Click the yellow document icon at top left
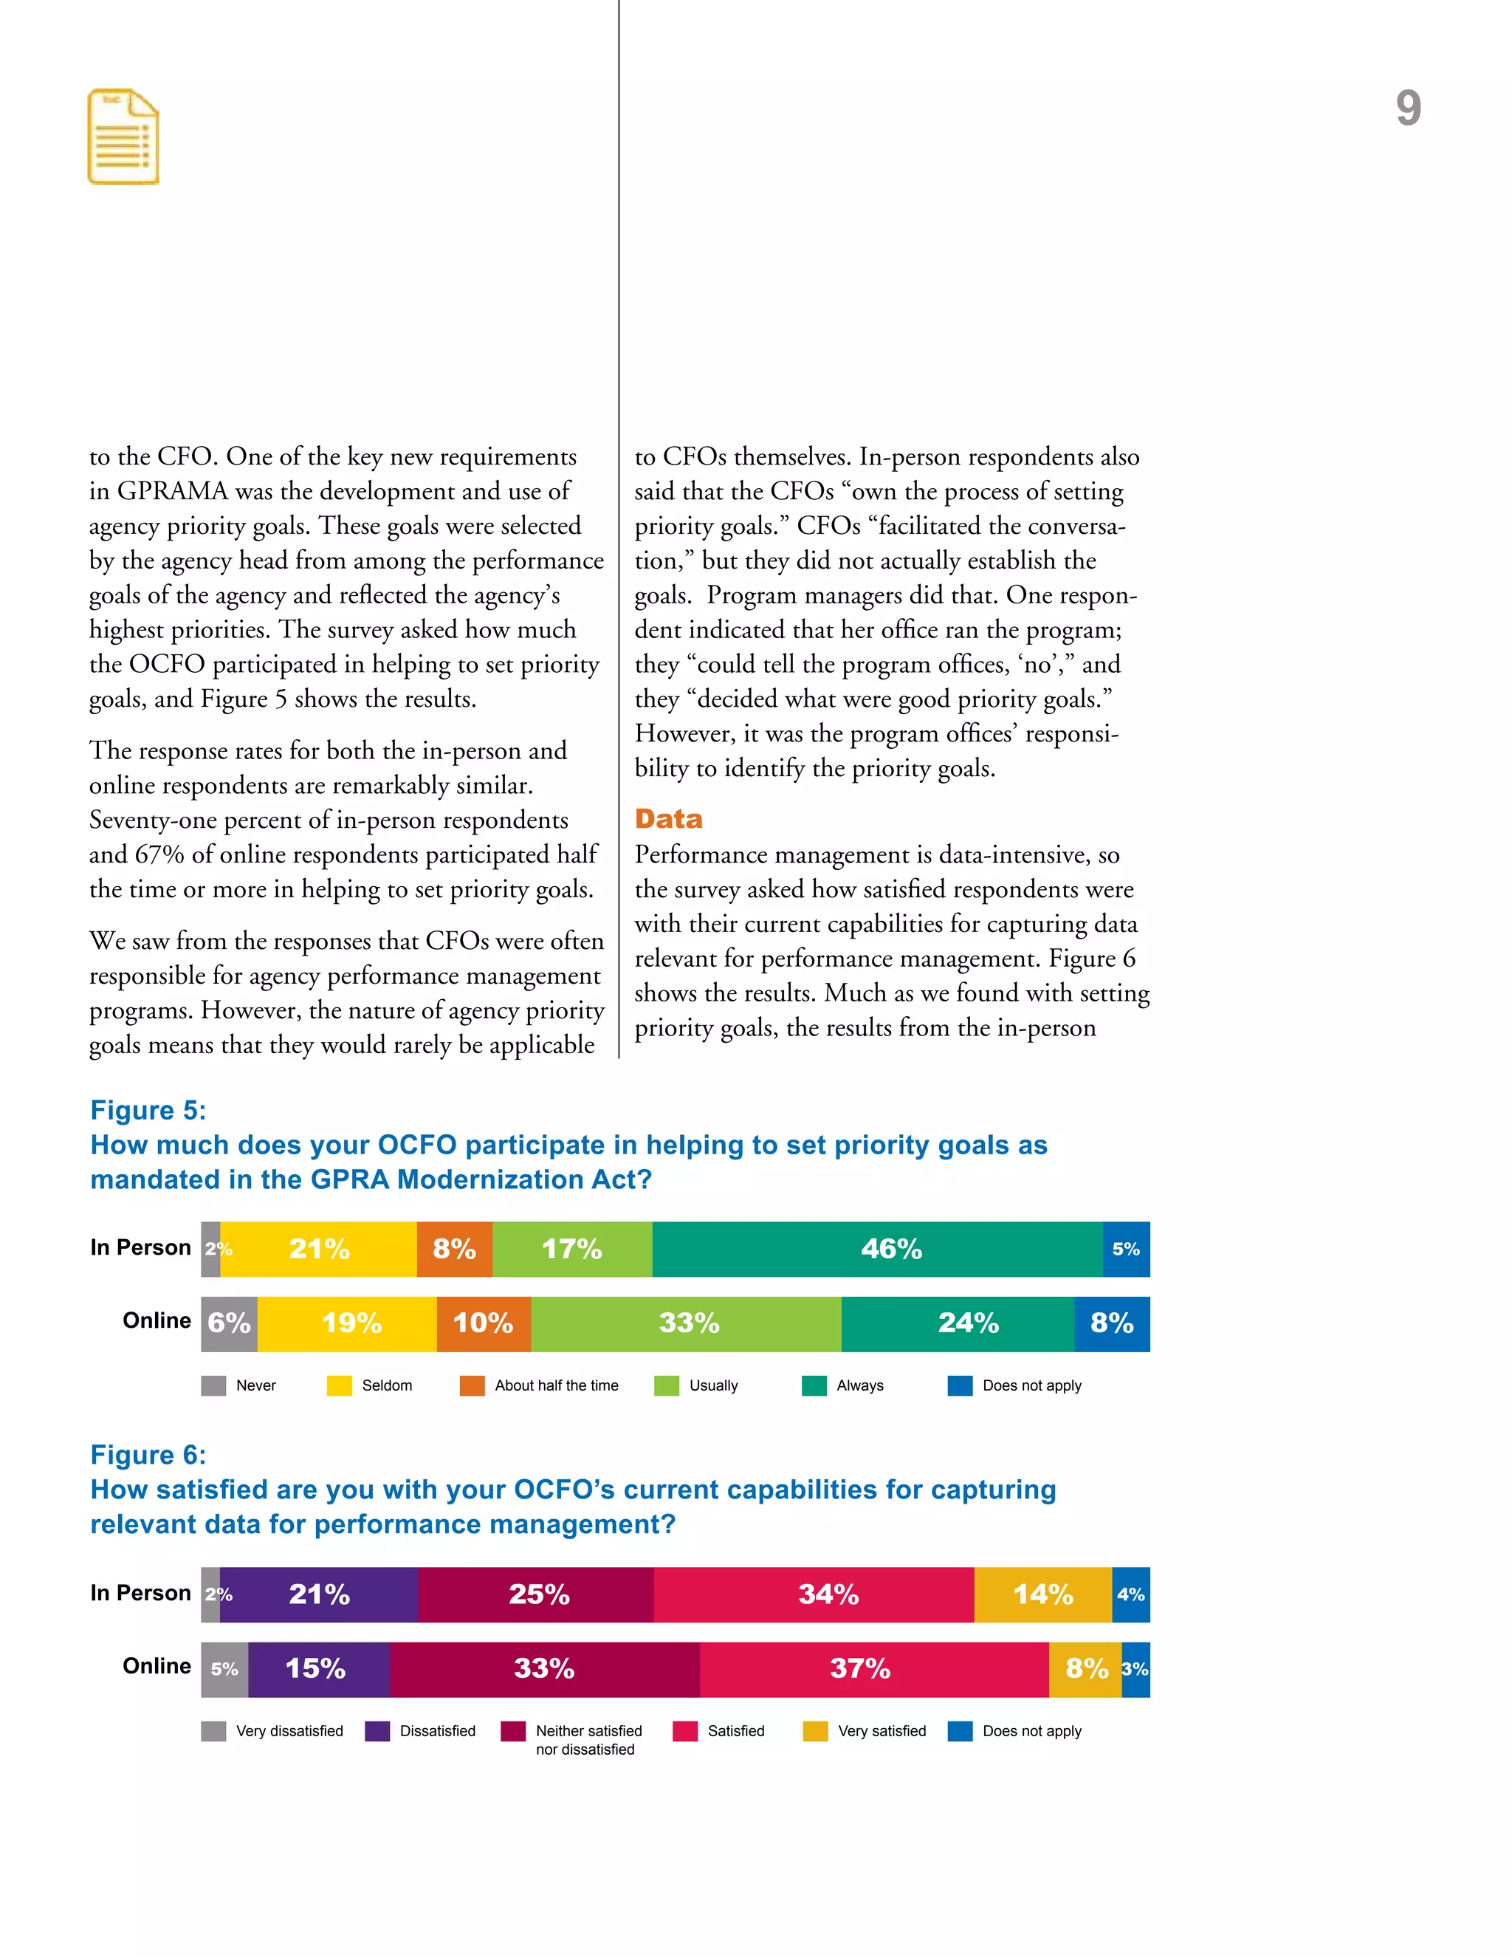[x=123, y=137]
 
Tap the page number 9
[x=1407, y=109]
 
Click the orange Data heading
[x=668, y=818]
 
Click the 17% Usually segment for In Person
[x=572, y=1248]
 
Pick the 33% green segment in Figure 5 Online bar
[x=686, y=1323]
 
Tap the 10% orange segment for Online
[x=483, y=1323]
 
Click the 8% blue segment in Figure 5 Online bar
[x=1112, y=1323]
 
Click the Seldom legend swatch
[x=340, y=1385]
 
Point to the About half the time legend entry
[x=555, y=1385]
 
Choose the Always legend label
[x=859, y=1385]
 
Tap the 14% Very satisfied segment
[x=1042, y=1594]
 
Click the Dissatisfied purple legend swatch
[x=377, y=1730]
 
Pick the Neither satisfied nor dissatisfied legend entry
[x=588, y=1739]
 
